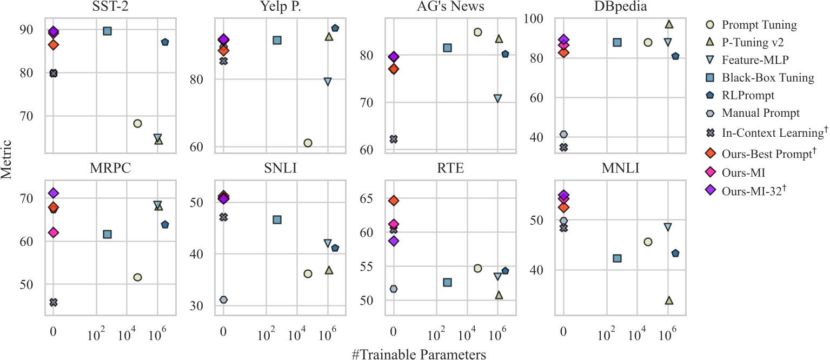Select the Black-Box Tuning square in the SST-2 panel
coord(107,31)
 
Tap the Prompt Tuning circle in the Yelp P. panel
coord(308,143)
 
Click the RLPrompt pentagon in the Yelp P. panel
coord(335,28)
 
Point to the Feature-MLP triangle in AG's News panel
coord(497,98)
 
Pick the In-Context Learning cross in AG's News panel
coord(394,139)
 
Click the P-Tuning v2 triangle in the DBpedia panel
coord(669,24)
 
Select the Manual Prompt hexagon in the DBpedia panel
coord(564,134)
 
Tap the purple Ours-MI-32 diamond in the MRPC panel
coord(53,193)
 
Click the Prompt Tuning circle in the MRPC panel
coord(137,277)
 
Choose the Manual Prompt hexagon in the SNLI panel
coord(223,299)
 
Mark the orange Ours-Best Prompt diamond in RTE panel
coord(394,201)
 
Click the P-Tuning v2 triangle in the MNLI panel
coord(669,300)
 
